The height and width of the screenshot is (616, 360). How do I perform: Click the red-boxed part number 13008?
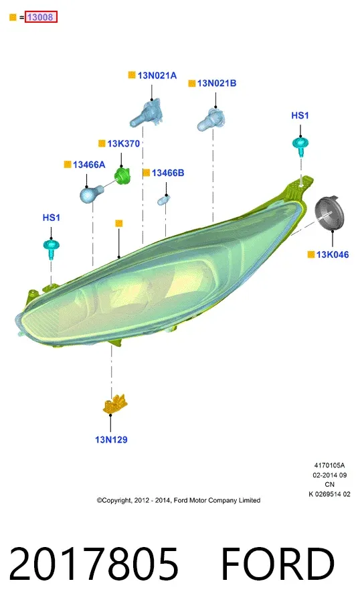(x=41, y=17)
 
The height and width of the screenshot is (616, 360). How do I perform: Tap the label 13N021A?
(x=157, y=76)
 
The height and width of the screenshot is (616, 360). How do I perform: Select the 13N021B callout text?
(x=217, y=83)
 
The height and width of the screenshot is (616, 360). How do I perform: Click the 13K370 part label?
(x=123, y=144)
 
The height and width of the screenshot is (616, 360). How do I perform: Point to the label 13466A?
(x=89, y=165)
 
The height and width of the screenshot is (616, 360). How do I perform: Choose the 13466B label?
(x=168, y=173)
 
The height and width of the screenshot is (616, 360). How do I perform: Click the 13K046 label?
(x=333, y=254)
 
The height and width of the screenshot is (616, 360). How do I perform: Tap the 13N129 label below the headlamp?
(x=111, y=440)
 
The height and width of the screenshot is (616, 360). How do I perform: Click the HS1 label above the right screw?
(x=300, y=115)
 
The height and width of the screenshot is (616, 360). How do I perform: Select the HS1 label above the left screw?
(x=52, y=218)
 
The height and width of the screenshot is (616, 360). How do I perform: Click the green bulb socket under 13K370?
(x=122, y=176)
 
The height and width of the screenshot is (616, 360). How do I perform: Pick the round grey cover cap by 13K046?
(x=329, y=214)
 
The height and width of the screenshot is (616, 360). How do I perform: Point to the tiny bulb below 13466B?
(x=163, y=201)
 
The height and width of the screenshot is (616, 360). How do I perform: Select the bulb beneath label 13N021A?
(x=146, y=113)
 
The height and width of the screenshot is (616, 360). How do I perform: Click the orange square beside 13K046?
(x=311, y=254)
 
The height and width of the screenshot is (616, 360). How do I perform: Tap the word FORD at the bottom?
(x=278, y=564)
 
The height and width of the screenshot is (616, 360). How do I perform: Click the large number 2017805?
(x=94, y=564)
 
